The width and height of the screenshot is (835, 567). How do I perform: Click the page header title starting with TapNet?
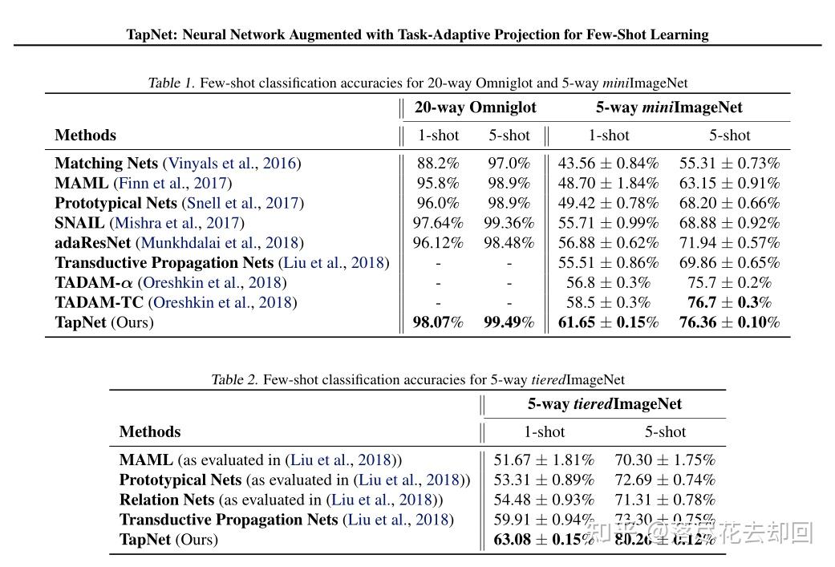tap(417, 34)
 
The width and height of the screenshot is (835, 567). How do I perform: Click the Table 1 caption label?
tap(172, 83)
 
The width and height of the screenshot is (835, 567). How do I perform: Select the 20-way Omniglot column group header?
tap(475, 107)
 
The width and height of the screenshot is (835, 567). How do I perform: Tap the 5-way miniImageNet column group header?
tap(668, 107)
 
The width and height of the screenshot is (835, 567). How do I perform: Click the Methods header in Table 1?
tap(85, 136)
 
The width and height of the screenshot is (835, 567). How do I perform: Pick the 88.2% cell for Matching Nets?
tap(438, 164)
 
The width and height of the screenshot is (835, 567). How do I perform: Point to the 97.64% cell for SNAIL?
tap(438, 223)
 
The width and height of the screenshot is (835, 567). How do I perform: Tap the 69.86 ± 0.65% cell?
tap(729, 263)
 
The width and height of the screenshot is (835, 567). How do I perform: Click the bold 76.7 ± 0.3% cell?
tap(729, 302)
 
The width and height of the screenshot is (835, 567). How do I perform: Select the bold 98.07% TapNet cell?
tap(438, 322)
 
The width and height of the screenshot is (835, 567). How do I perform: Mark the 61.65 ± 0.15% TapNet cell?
tap(608, 322)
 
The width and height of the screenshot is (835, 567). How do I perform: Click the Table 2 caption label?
tap(234, 380)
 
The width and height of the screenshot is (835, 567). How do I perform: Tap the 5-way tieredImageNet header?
tap(604, 404)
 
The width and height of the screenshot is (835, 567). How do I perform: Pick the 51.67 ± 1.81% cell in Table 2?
tap(544, 460)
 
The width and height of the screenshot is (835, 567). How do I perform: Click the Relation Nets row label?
tap(167, 500)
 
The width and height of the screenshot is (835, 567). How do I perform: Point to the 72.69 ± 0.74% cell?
tap(665, 480)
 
